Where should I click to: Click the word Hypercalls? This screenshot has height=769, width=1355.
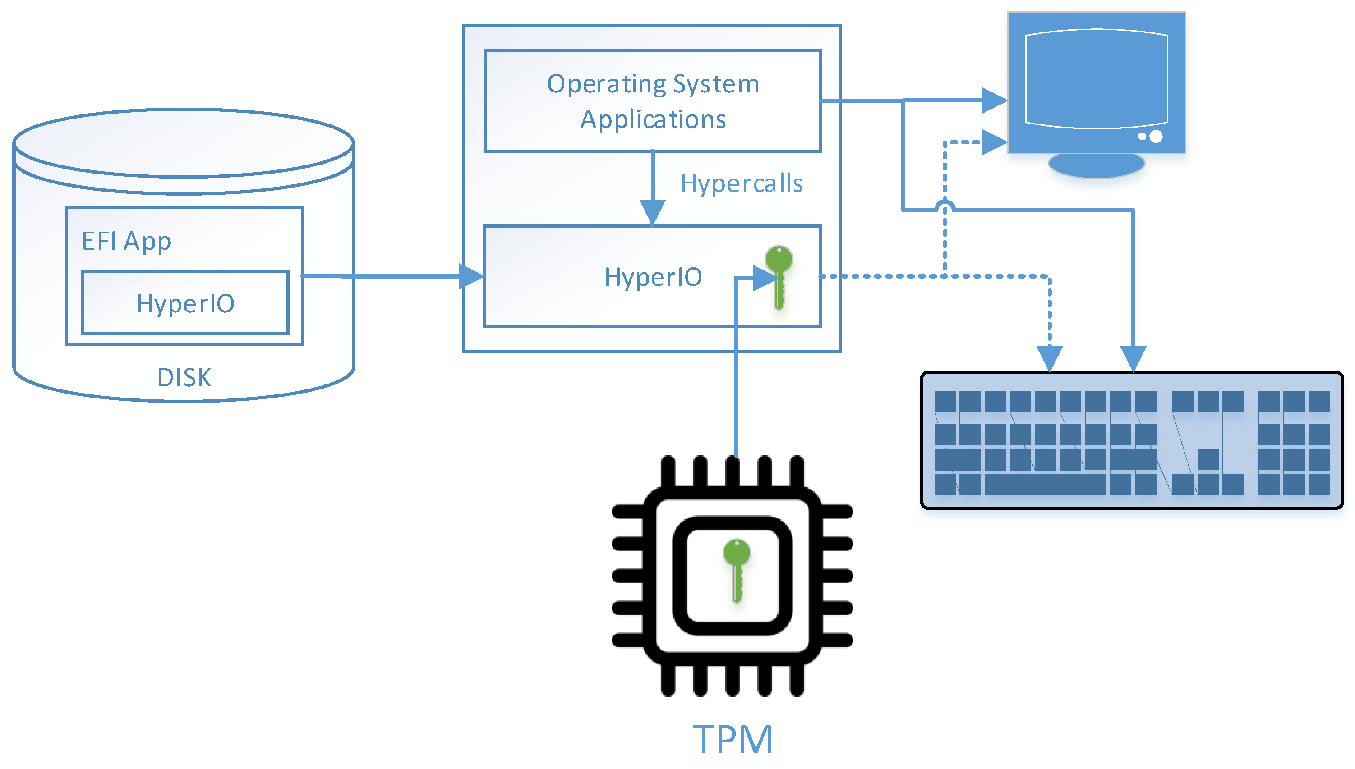tap(741, 184)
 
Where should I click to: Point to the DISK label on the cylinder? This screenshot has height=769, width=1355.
tap(184, 378)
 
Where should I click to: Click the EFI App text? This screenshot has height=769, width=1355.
tap(126, 241)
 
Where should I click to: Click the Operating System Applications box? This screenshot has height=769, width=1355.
tap(652, 101)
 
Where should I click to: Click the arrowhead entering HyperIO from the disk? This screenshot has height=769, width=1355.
tap(470, 276)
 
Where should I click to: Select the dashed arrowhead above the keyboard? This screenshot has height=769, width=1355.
tap(1049, 359)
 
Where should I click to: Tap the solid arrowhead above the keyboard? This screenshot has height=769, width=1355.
tap(1133, 359)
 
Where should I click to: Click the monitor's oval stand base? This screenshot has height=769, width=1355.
tap(1096, 165)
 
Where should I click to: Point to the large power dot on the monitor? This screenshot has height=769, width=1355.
tap(1156, 136)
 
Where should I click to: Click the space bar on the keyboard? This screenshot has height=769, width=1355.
tap(1045, 484)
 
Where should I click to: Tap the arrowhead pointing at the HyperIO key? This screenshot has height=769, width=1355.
tap(764, 278)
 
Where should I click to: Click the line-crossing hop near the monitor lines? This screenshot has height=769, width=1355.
tap(945, 206)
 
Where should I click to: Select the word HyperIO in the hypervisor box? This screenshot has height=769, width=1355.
tap(653, 277)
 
